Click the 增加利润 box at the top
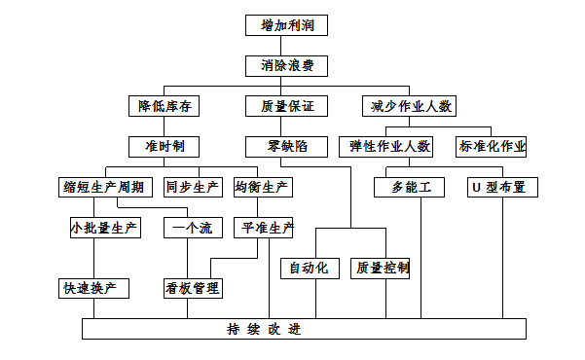pos(287,24)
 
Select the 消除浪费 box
pos(287,66)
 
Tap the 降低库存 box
pos(165,106)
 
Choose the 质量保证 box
pos(287,106)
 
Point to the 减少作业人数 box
pos(407,106)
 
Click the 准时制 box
pos(165,147)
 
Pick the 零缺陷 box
pos(287,147)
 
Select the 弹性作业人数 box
pos(390,147)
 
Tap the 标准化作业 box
pos(493,147)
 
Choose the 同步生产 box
pos(191,187)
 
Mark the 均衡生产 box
pos(264,187)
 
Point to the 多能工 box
pos(412,187)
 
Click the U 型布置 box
pos(497,187)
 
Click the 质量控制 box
pos(382,267)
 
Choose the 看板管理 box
pos(191,288)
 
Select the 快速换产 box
pos(94,288)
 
